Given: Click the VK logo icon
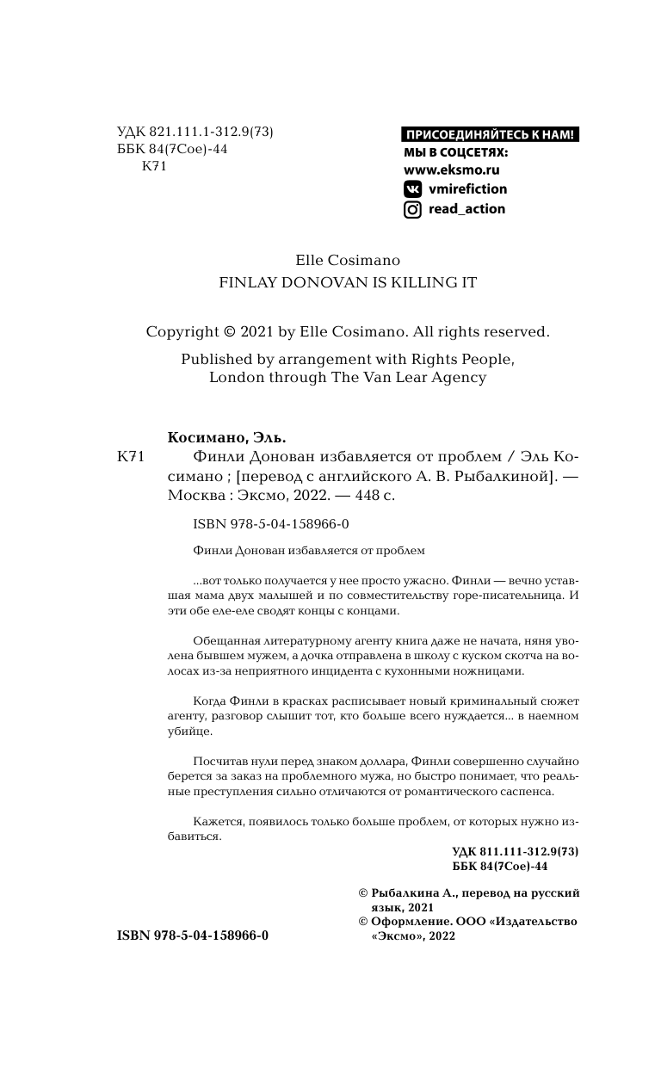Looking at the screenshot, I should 413,189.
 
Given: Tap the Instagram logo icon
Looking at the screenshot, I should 413,209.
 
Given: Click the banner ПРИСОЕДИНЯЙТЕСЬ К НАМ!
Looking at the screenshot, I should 491,134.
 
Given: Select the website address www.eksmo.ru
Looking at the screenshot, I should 452,170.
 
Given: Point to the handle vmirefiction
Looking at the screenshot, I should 467,189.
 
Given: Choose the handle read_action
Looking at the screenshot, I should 466,209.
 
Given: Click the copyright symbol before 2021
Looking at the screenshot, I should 230,331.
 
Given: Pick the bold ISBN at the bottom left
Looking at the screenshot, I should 192,935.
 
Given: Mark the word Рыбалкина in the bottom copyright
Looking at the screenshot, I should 408,893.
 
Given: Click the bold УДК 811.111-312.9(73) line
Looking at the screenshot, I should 515,851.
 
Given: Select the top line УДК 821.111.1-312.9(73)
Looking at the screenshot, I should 195,132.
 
